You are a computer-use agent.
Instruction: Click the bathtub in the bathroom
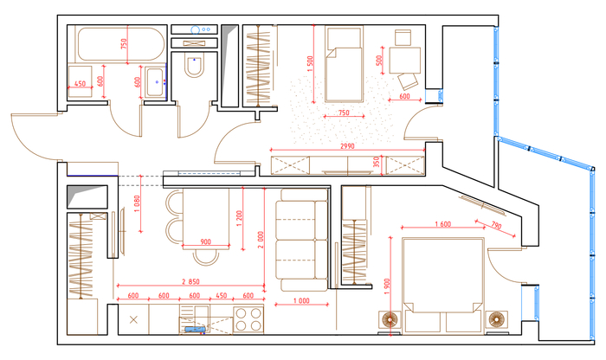pos(121,43)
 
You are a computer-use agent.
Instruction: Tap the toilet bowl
pos(194,66)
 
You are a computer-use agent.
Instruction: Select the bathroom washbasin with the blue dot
pos(155,82)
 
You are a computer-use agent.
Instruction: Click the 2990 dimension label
pos(347,146)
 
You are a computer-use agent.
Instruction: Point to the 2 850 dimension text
pos(191,281)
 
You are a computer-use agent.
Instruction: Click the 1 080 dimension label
pos(137,204)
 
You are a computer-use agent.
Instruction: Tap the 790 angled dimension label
pos(496,225)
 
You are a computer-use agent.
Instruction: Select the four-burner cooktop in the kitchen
pos(248,319)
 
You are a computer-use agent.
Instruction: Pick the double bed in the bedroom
pos(443,285)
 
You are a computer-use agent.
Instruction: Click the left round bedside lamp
pos(390,320)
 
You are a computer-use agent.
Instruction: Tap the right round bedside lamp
pos(496,320)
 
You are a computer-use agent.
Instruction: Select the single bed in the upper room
pos(344,64)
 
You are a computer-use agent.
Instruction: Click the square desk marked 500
pos(404,60)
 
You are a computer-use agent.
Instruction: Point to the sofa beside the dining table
pos(302,240)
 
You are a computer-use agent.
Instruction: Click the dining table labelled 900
pos(206,216)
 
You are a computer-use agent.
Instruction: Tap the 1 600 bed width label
pos(443,224)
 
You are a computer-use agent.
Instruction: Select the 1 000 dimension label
pos(301,300)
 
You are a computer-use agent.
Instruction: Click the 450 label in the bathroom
pos(80,83)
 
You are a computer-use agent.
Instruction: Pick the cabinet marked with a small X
pos(133,319)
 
